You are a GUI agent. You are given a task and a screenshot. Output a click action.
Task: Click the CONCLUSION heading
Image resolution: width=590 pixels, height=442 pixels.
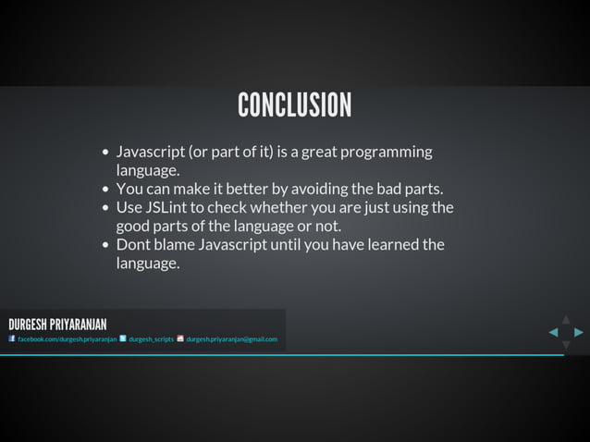pyautogui.click(x=294, y=105)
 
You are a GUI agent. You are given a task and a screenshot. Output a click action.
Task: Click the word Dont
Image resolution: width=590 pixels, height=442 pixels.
pyautogui.click(x=133, y=244)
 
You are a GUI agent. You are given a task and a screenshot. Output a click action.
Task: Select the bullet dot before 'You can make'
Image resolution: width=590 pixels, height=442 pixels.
pyautogui.click(x=106, y=190)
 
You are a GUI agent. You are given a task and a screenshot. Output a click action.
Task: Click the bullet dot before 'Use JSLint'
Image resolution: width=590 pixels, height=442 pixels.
pyautogui.click(x=106, y=208)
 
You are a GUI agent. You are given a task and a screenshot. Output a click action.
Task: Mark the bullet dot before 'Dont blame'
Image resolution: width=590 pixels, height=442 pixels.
pyautogui.click(x=106, y=245)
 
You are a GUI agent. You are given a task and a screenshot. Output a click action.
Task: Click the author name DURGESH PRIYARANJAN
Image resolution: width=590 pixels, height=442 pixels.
pyautogui.click(x=57, y=325)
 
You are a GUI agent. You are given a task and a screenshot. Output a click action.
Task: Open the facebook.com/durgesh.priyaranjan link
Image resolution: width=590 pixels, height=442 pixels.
pyautogui.click(x=67, y=339)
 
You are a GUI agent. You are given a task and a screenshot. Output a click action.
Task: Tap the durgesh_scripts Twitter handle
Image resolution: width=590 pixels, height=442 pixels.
pyautogui.click(x=151, y=339)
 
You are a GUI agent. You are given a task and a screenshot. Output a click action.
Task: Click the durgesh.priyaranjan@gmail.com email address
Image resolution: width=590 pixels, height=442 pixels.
pyautogui.click(x=231, y=339)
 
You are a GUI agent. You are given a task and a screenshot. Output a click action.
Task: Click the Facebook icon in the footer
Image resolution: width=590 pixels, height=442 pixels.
pyautogui.click(x=12, y=338)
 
